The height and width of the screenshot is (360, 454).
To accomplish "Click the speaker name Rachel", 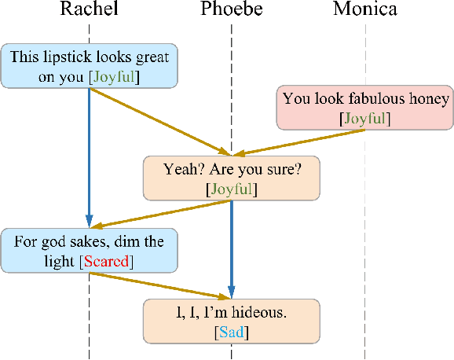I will [89, 9].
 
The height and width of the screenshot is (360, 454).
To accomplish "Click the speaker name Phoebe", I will [231, 9].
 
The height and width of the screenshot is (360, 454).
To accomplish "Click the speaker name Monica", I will [365, 9].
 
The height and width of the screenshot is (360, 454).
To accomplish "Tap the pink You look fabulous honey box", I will [365, 108].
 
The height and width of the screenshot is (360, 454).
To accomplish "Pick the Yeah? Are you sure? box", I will [231, 178].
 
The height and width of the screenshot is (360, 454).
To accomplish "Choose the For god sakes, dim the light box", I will [89, 251].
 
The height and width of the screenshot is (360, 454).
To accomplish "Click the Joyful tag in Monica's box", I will [365, 119].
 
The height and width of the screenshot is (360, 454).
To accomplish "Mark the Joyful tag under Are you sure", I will [231, 189].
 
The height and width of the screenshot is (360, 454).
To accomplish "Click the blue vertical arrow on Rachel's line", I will [90, 157].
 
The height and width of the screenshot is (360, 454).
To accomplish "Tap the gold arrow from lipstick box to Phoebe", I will [157, 121].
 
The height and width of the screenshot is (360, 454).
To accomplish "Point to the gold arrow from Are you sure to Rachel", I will [157, 213].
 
